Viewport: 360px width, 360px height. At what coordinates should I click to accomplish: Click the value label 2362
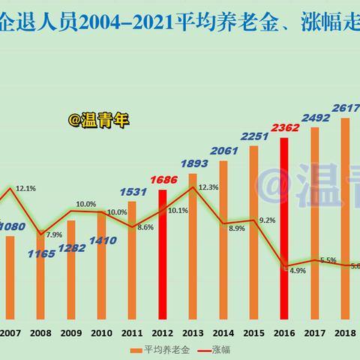286,127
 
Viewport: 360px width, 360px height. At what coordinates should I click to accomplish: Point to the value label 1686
163,180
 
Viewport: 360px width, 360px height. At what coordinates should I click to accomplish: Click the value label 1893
193,163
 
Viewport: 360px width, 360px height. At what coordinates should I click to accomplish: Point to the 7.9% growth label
54,235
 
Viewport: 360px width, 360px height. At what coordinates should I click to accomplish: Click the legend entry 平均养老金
161,349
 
